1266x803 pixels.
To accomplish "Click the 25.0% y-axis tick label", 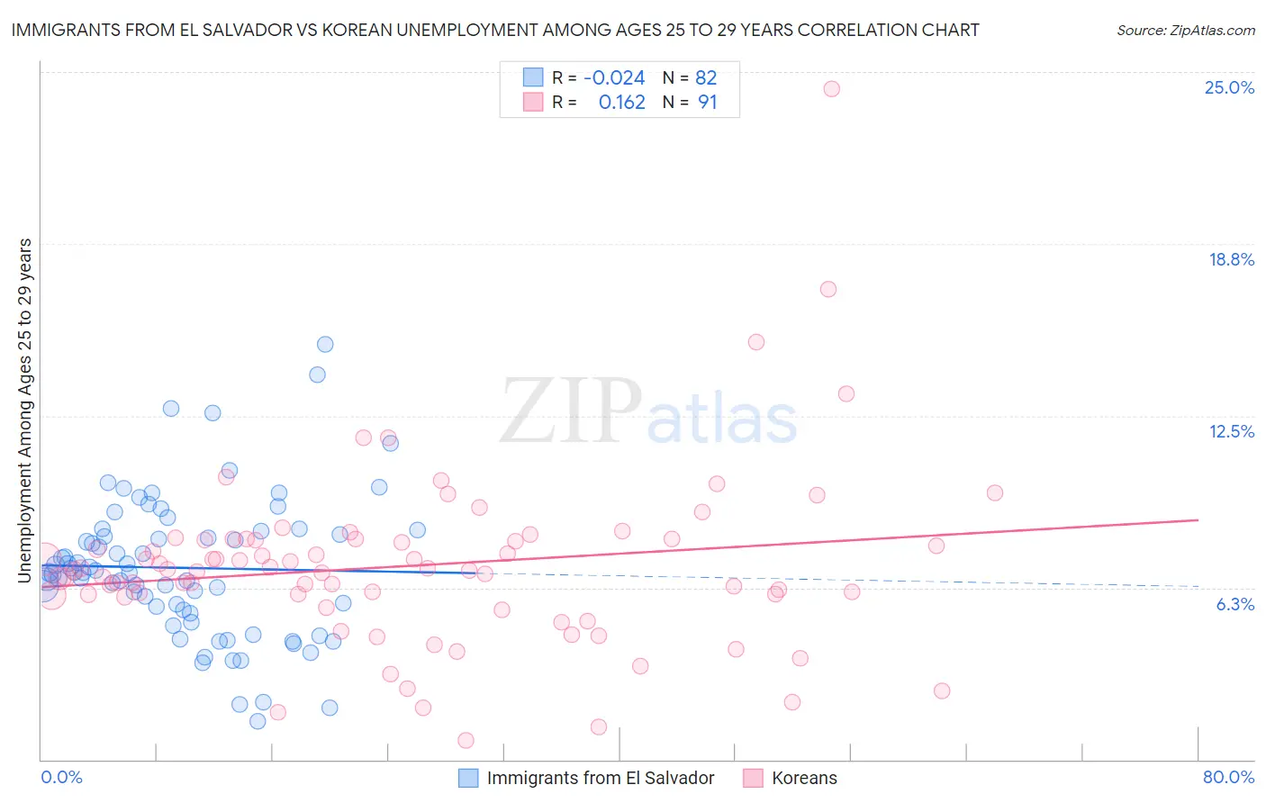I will click(x=1229, y=88).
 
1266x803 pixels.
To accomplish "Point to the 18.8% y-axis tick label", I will click(x=1231, y=260).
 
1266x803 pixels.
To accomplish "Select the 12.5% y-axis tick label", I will click(x=1231, y=432).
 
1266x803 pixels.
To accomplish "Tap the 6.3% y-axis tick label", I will click(x=1234, y=605).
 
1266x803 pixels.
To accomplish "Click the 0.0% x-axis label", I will click(x=61, y=777).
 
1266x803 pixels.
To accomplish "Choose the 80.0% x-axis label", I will click(x=1228, y=777).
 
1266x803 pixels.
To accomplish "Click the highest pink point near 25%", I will click(x=831, y=89).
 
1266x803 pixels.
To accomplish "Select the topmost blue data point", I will click(x=325, y=345).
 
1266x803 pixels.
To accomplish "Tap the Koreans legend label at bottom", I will click(x=804, y=778).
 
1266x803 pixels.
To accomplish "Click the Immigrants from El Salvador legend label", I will click(x=600, y=778).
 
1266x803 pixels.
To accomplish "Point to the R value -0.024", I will click(x=614, y=78).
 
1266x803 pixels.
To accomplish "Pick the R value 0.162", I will click(x=621, y=103).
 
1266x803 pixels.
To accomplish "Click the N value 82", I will click(x=706, y=78).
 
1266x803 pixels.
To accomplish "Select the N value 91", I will click(x=708, y=103).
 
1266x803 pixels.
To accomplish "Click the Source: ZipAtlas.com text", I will click(x=1185, y=31).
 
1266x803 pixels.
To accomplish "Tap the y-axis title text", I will click(x=25, y=411).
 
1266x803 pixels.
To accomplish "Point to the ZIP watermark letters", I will click(x=571, y=411).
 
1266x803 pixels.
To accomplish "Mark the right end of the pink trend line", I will click(x=1198, y=520).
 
